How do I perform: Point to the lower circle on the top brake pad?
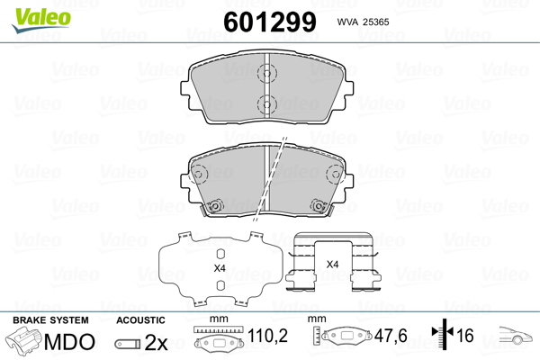click(265, 103)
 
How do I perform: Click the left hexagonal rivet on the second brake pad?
click(216, 206)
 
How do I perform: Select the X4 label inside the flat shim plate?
click(219, 268)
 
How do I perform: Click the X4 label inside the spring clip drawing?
click(330, 264)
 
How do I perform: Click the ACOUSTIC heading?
click(140, 319)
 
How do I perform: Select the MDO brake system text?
click(69, 343)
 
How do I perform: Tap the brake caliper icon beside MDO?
click(25, 343)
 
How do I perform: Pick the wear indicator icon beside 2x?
click(129, 344)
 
